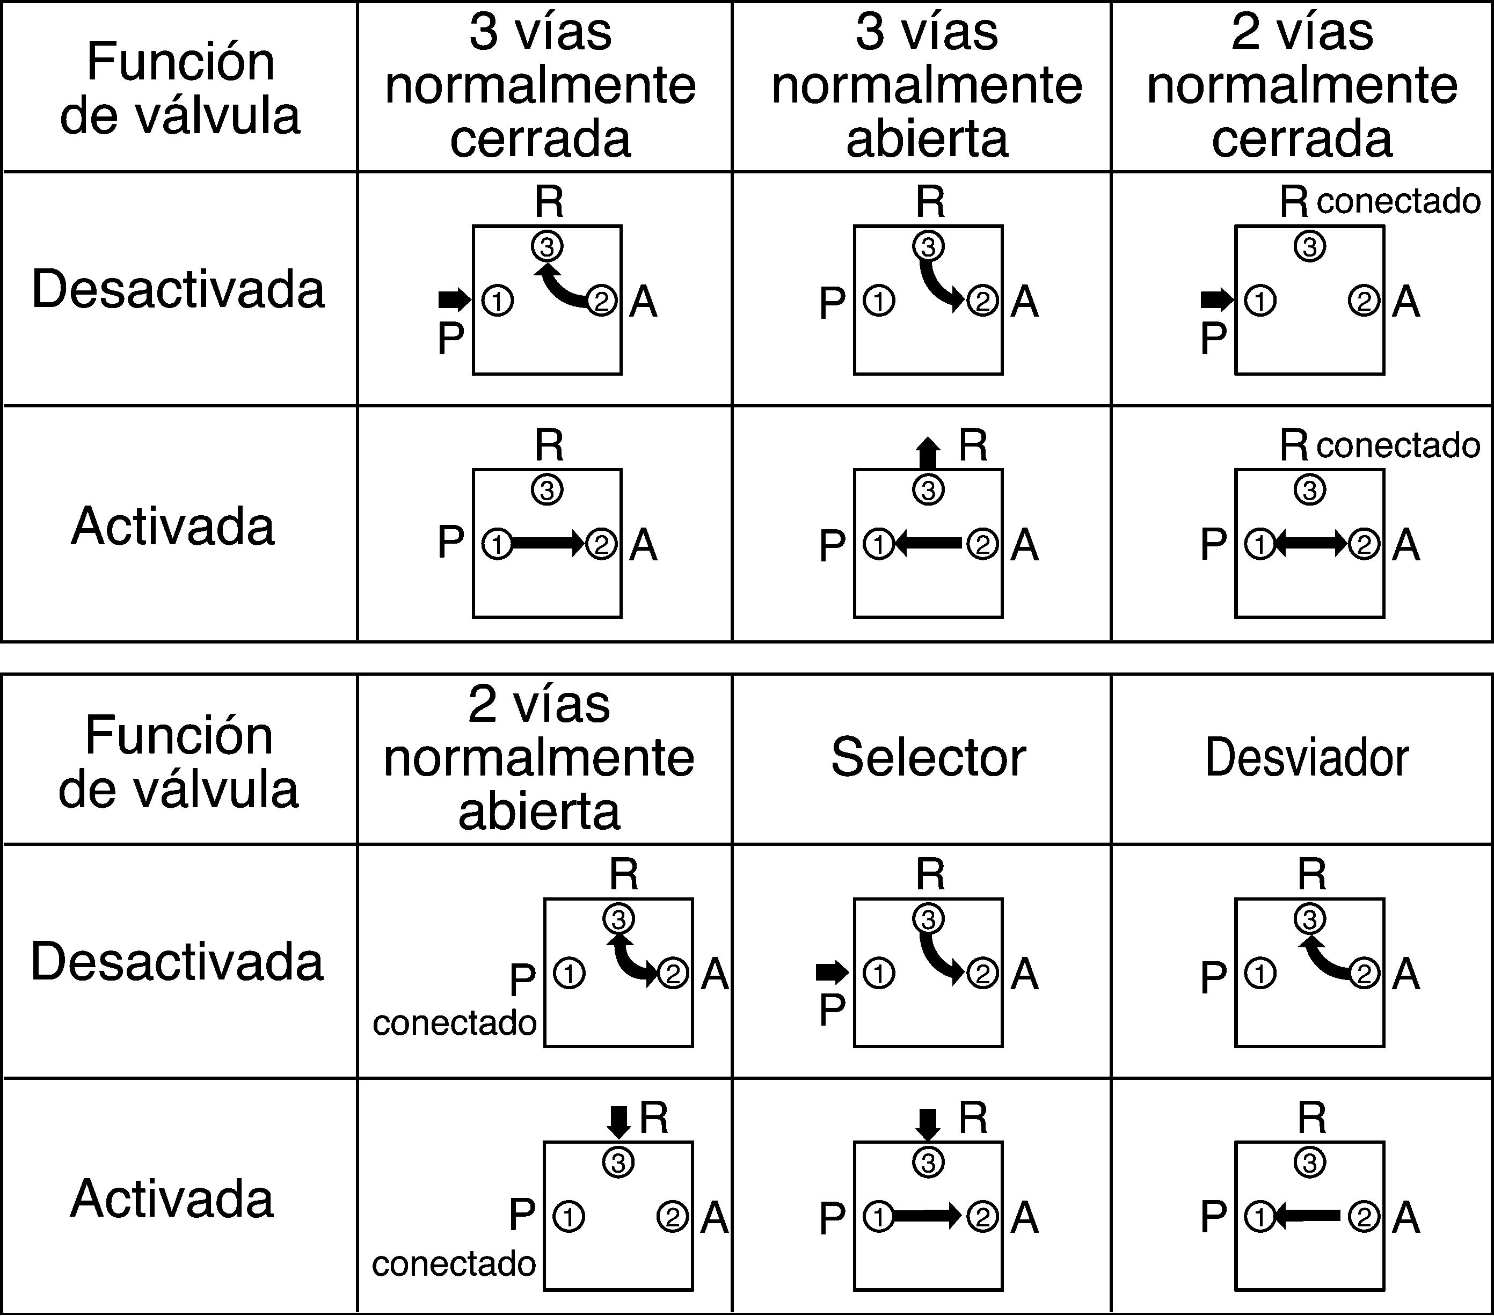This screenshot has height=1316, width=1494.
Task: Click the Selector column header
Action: coord(928,758)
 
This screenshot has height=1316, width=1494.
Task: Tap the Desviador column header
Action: coord(1307,758)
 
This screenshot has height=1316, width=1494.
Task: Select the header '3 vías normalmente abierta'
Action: coord(927,85)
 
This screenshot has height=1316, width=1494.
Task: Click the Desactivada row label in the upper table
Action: coord(178,289)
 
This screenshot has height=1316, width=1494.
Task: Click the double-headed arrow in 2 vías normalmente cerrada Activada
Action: coord(1311,544)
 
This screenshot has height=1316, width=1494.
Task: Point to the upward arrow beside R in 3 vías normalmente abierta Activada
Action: coord(928,453)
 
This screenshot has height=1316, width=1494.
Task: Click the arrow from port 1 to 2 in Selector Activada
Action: coord(927,1216)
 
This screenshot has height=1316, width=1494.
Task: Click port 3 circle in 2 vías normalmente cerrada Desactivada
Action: coord(1310,247)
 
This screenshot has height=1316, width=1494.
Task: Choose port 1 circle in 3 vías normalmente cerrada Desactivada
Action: coord(498,301)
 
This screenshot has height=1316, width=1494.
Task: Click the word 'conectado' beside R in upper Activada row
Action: coord(1398,445)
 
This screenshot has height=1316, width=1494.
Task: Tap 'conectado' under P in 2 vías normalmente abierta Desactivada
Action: coord(455,1023)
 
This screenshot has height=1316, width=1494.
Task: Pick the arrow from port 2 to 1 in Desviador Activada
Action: coord(1308,1216)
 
